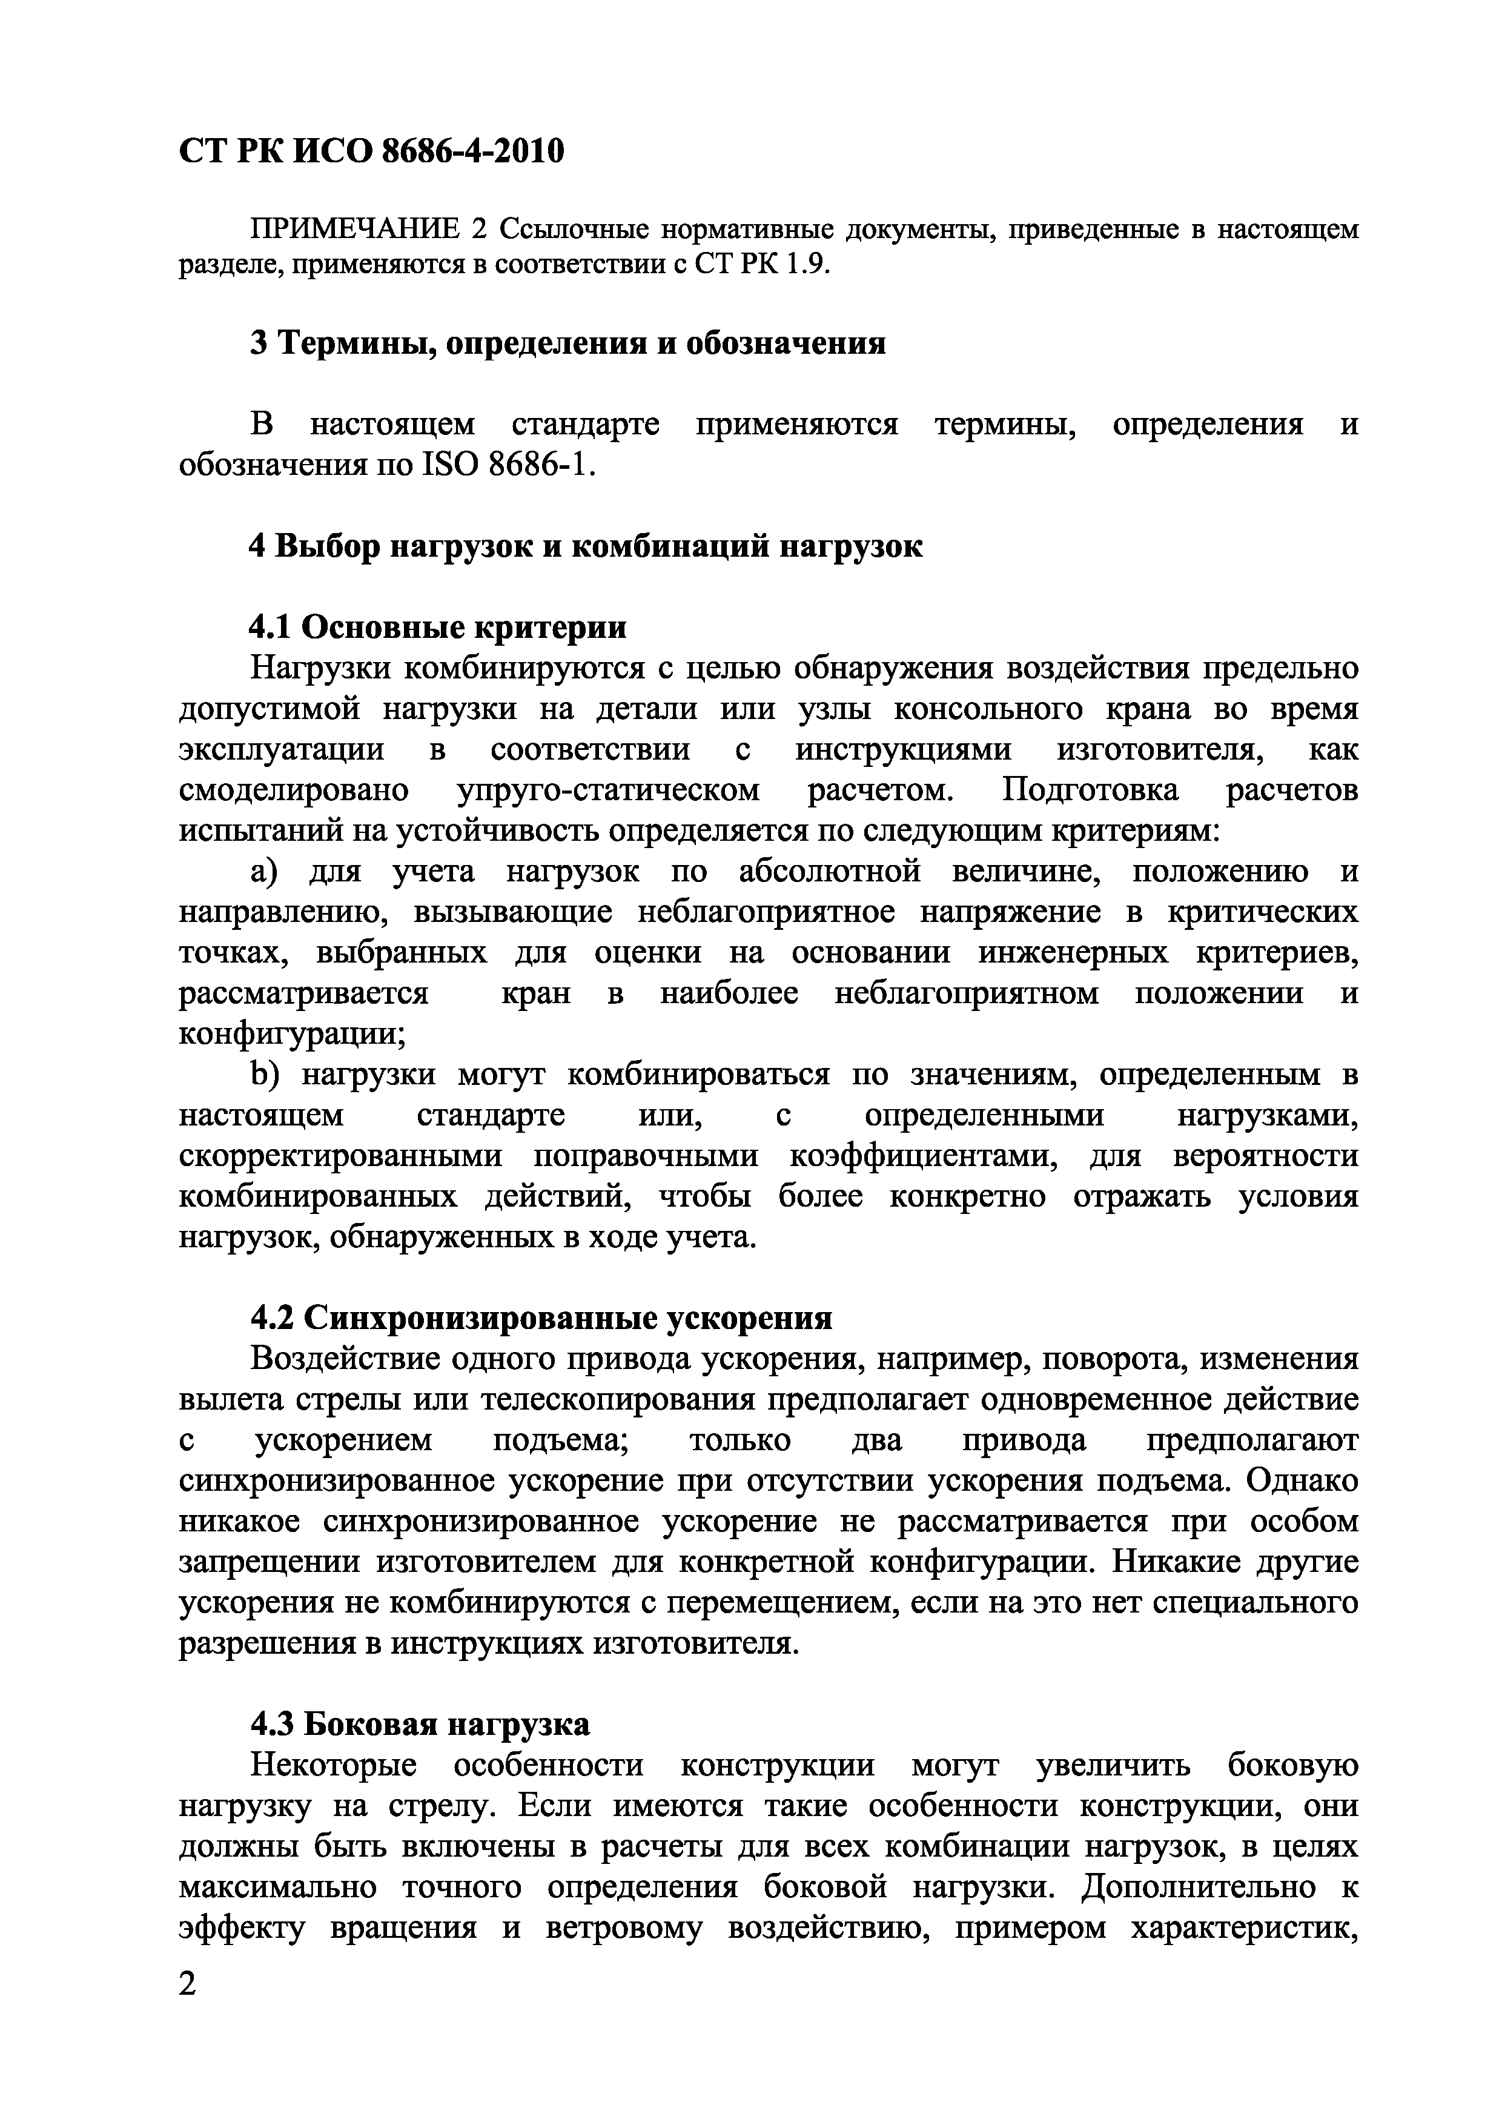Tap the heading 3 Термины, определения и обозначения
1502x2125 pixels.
tap(567, 343)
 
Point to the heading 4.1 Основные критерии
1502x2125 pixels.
tap(438, 628)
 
